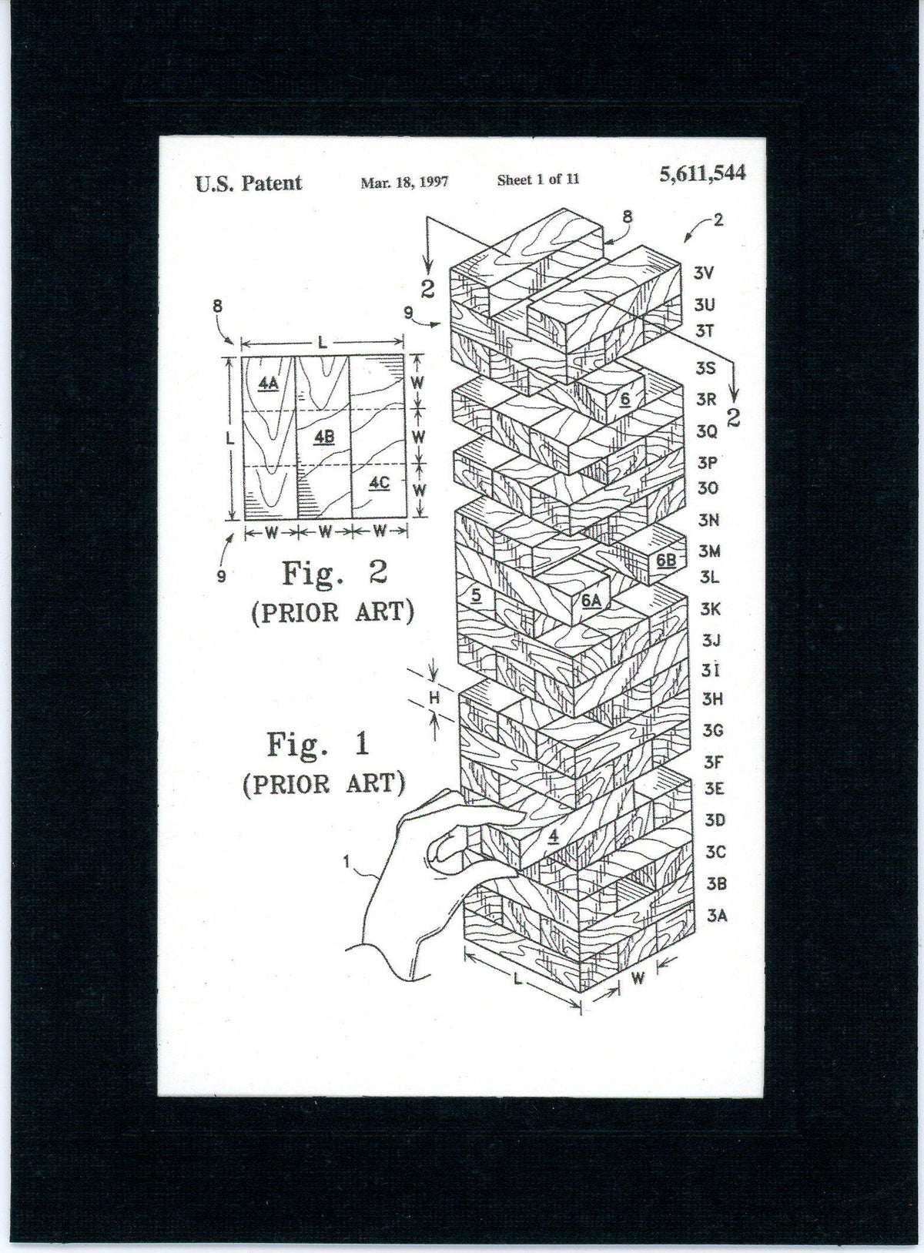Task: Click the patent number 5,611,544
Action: click(702, 174)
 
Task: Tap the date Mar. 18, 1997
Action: click(404, 183)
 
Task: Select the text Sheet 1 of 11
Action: click(538, 180)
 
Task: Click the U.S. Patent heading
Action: click(248, 183)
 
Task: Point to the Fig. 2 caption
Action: click(333, 573)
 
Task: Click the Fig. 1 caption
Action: click(318, 745)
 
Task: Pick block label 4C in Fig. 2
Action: click(378, 483)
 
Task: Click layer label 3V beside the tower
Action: click(705, 273)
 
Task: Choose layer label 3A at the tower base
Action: click(717, 916)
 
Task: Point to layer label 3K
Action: click(711, 608)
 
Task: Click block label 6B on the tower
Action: click(666, 561)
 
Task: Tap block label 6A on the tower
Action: click(591, 601)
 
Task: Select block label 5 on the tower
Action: click(477, 595)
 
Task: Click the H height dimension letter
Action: click(434, 699)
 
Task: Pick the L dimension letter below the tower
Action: click(518, 980)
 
